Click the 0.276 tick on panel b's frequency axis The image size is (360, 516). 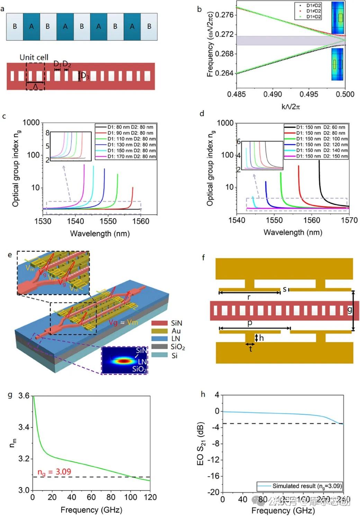224,15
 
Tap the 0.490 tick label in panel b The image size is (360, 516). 272,94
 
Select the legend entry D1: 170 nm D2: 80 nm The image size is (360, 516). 131,157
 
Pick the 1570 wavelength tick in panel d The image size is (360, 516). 349,220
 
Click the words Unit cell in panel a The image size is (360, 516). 34,57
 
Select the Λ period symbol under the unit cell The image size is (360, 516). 35,87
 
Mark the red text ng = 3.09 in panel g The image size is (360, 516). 54,472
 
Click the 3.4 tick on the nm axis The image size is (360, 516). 24,427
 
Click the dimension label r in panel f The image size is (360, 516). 249,297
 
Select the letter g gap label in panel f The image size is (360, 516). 350,310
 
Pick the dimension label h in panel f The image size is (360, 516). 261,338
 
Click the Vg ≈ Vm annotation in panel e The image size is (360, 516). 123,322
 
